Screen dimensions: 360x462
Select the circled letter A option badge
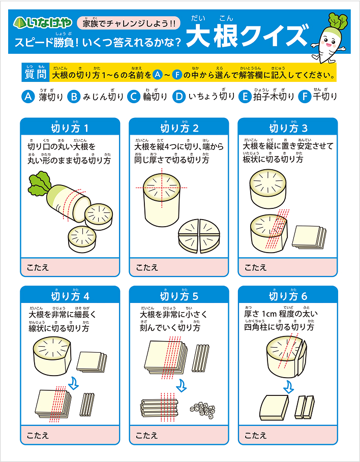click(28, 97)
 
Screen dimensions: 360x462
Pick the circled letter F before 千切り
click(305, 97)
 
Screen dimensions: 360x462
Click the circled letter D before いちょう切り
click(179, 97)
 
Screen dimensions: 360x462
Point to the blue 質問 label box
click(35, 73)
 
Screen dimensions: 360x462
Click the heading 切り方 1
click(70, 128)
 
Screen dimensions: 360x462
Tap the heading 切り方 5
click(179, 296)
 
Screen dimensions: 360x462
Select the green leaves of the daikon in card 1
click(39, 186)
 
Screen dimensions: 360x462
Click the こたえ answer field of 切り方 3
click(288, 267)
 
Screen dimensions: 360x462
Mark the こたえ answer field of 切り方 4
click(70, 435)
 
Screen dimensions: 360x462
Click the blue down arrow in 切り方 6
click(288, 387)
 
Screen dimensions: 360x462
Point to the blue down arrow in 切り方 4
click(73, 383)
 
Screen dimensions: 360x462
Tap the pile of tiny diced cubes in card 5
click(202, 409)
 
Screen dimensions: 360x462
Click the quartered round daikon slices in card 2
click(199, 236)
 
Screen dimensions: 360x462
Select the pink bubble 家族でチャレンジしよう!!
click(129, 23)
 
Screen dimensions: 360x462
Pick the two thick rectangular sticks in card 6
click(305, 407)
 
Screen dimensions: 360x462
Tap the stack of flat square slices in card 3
click(309, 237)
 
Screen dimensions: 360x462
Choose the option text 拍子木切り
click(274, 97)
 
